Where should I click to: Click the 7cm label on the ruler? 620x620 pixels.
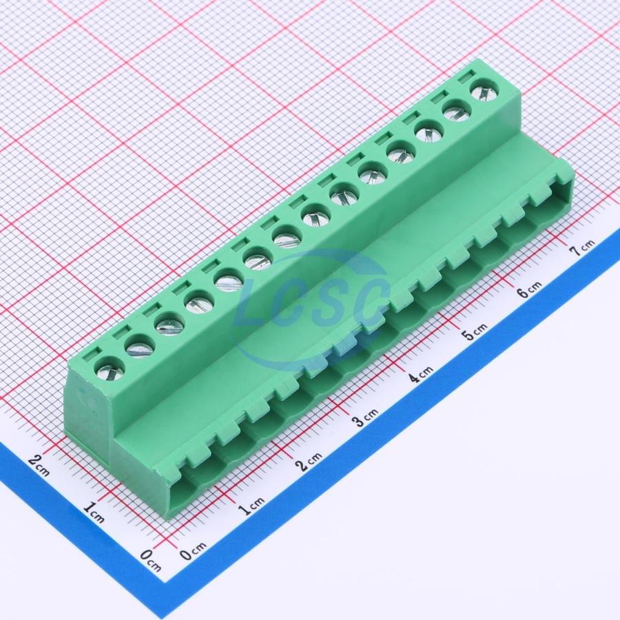click(x=581, y=247)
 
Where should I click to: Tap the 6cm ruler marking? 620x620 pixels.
click(x=529, y=289)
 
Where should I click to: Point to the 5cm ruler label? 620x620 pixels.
click(x=475, y=331)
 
